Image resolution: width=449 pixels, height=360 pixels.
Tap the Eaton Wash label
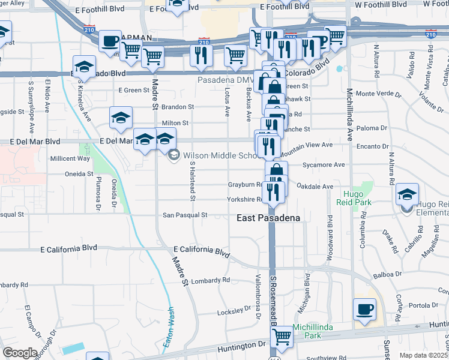pos(170,329)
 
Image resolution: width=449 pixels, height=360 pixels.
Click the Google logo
pos(20,352)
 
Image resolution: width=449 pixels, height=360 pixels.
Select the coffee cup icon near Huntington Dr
pos(364,310)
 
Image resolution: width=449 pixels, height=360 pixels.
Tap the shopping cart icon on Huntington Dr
pos(281,339)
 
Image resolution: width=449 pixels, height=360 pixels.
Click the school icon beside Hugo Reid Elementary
pos(408,194)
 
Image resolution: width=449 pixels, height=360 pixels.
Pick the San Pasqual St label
pos(185,215)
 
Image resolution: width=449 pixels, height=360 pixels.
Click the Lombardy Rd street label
pos(210,280)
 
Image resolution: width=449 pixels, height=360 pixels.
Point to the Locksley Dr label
pos(234,311)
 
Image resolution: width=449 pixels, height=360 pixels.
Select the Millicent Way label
pos(70,158)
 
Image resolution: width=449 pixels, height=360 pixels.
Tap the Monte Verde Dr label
pos(378,94)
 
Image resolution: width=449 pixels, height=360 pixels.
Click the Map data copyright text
pos(424,355)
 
